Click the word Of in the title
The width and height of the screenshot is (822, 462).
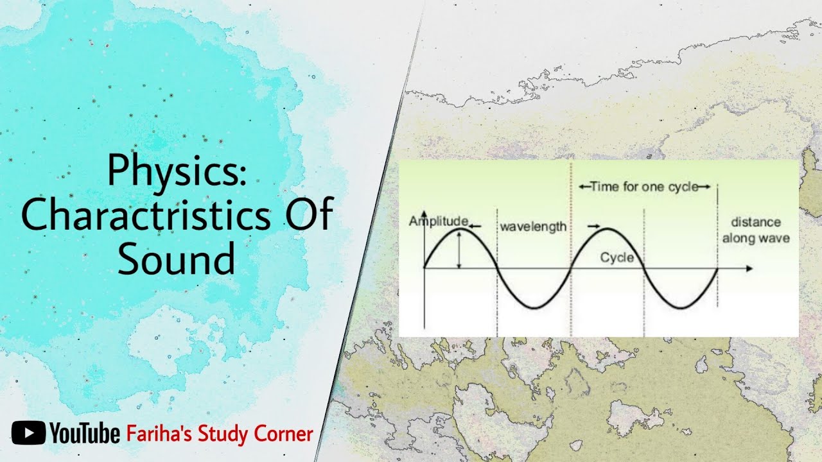pyautogui.click(x=308, y=216)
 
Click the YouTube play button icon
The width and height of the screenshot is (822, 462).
pyautogui.click(x=28, y=433)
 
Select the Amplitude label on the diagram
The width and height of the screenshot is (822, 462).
pyautogui.click(x=438, y=222)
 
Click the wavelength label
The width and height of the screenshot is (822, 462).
pyautogui.click(x=533, y=227)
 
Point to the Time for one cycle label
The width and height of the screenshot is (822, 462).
pyautogui.click(x=644, y=187)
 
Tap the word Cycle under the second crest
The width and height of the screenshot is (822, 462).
pyautogui.click(x=616, y=258)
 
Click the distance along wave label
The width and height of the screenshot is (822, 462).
pyautogui.click(x=756, y=230)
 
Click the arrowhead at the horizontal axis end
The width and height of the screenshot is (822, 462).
pyautogui.click(x=749, y=268)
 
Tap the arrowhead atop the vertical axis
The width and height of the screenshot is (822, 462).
pyautogui.click(x=424, y=214)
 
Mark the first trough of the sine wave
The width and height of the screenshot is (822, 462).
pyautogui.click(x=533, y=308)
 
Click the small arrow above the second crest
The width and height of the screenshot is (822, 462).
pyautogui.click(x=593, y=226)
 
